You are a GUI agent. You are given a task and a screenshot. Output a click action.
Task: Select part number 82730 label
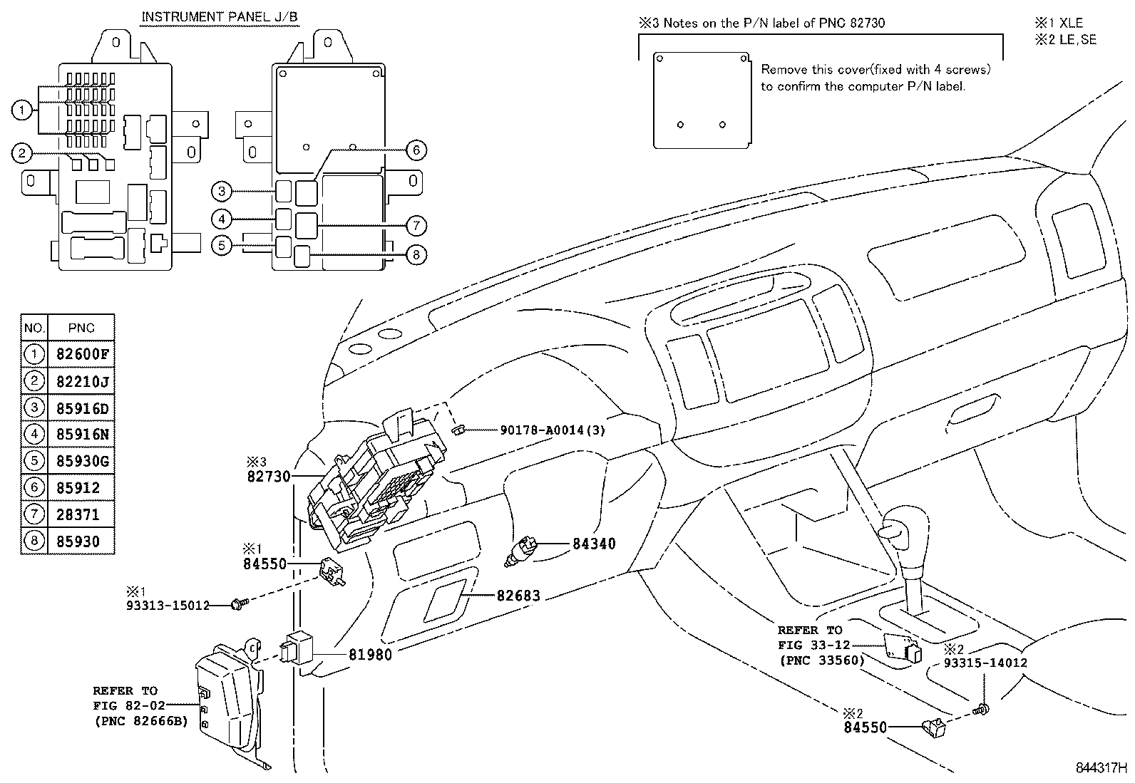pos(269,476)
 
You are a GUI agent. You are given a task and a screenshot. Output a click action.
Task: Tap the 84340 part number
pos(594,544)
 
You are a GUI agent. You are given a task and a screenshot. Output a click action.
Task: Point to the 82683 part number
pos(518,596)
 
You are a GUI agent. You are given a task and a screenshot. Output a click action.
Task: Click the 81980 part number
pos(370,654)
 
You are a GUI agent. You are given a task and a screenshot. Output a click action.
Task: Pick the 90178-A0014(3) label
pos(552,430)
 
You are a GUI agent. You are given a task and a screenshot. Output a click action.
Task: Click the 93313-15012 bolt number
pos(168,606)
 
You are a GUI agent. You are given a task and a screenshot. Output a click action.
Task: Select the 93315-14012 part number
pos(985,663)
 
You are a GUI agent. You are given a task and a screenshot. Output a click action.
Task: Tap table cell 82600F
pos(82,355)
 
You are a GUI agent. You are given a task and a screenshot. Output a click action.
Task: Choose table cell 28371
pos(78,514)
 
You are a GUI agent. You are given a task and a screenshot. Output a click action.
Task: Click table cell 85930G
pos(82,461)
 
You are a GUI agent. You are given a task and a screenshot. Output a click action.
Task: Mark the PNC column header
pos(81,328)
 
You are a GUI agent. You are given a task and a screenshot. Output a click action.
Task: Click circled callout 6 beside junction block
pos(416,150)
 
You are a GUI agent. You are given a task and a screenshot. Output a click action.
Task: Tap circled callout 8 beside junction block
pos(416,254)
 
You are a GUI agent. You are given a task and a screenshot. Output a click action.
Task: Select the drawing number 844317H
pos(1101,769)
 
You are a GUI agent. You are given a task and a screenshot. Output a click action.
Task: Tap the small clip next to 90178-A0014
pos(460,430)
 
